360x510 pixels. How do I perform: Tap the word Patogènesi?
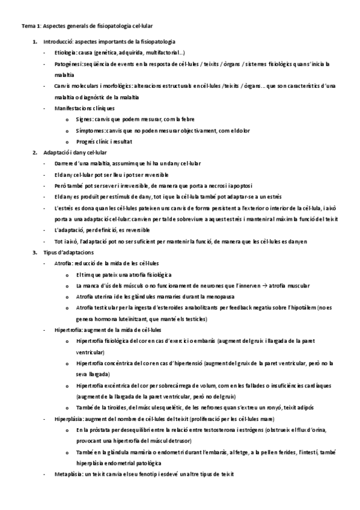(x=67, y=63)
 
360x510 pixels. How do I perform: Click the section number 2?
(x=34, y=152)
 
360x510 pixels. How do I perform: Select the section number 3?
(x=34, y=252)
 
